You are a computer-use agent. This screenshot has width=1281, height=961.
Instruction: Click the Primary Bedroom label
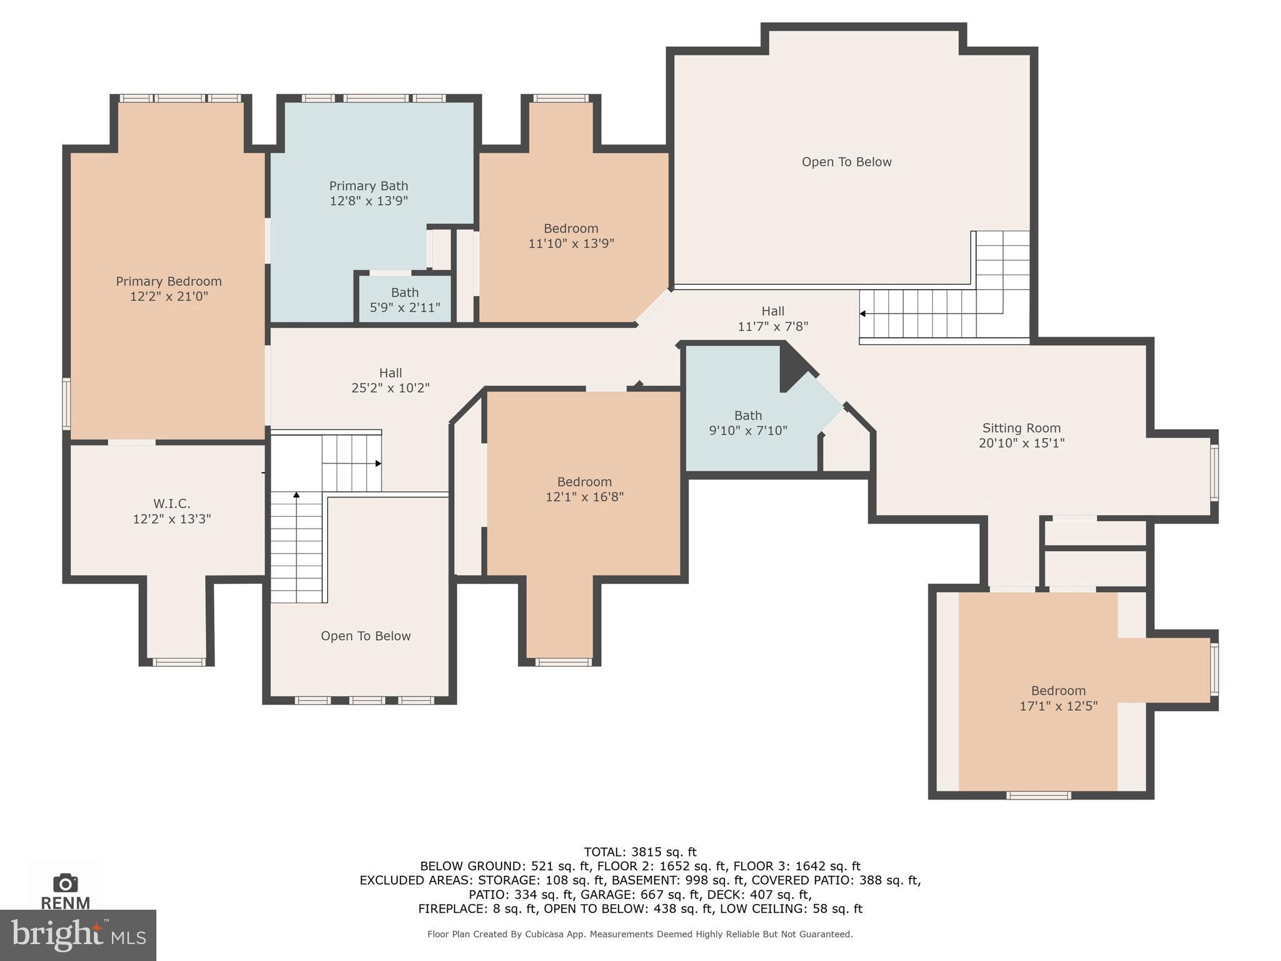pos(168,282)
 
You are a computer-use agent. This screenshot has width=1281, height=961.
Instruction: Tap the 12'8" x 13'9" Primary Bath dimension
pos(368,201)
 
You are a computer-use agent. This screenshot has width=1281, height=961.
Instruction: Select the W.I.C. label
pos(171,504)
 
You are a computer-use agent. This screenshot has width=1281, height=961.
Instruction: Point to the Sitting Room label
pos(1021,428)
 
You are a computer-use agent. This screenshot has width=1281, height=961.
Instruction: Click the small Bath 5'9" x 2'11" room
pos(405,300)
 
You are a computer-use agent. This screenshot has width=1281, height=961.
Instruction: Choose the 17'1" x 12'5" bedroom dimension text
pos(1058,706)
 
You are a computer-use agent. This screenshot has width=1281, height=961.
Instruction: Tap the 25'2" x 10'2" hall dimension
pos(390,388)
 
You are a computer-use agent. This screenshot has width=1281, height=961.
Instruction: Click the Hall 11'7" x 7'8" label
pos(772,312)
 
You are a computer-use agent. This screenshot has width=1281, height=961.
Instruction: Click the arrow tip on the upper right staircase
pos(863,313)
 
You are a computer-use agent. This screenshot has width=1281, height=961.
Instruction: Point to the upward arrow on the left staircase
pos(296,496)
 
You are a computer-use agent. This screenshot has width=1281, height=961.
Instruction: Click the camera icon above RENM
pos(65,883)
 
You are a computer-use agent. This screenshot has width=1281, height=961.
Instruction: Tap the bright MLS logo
pos(78,935)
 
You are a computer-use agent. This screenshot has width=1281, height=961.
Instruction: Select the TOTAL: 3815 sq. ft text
pos(640,852)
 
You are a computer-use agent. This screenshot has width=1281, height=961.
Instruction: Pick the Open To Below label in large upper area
pos(846,162)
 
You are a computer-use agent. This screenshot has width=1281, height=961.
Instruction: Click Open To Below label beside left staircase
pos(365,636)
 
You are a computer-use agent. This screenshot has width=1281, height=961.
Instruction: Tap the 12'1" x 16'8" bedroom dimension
pos(584,497)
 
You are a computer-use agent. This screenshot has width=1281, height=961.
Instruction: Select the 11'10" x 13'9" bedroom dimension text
pos(570,243)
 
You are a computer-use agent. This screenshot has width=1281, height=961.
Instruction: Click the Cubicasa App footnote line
pos(640,934)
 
